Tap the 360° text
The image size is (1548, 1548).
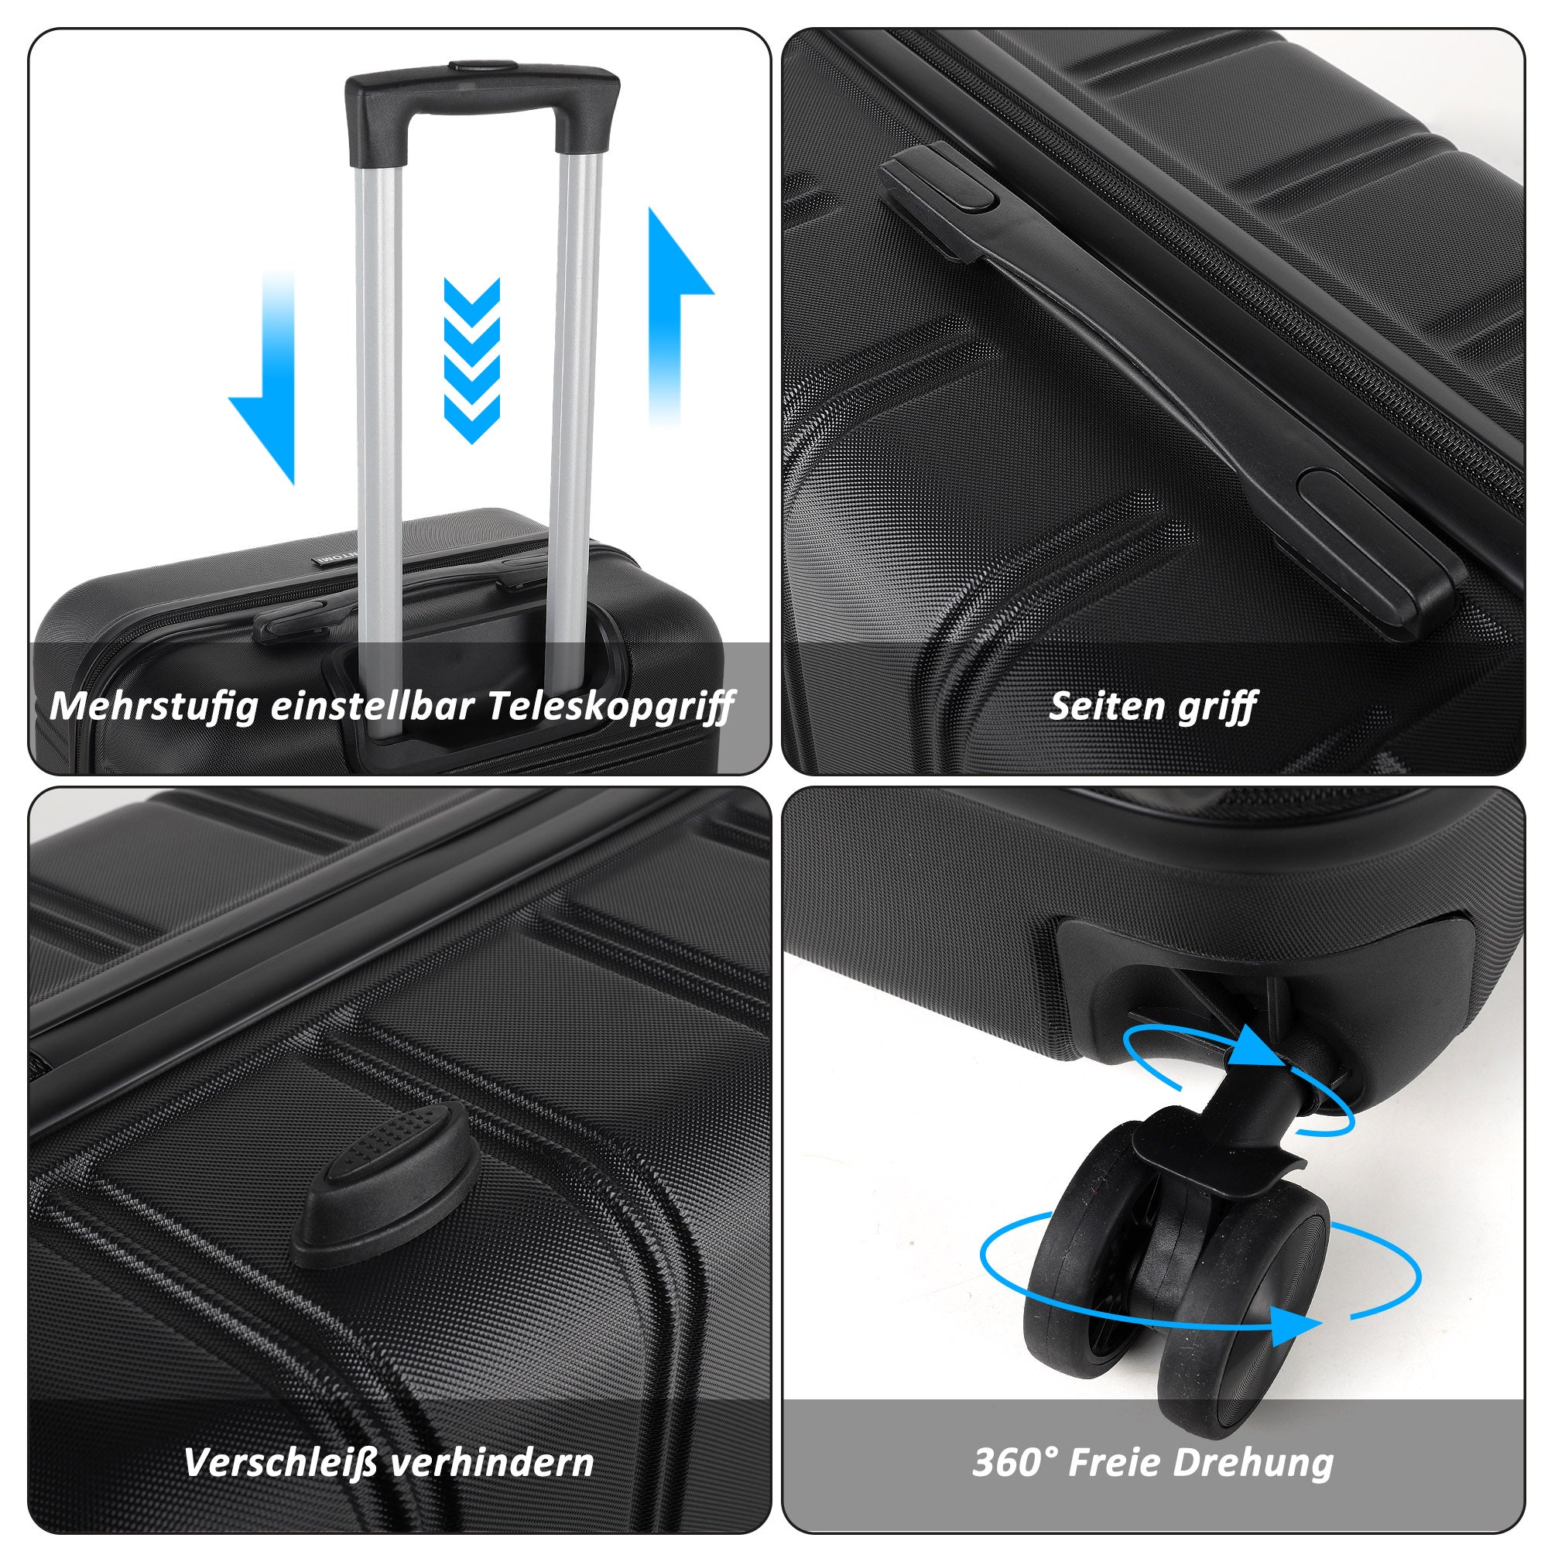coord(1015,1462)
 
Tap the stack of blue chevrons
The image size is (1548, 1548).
coord(472,361)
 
